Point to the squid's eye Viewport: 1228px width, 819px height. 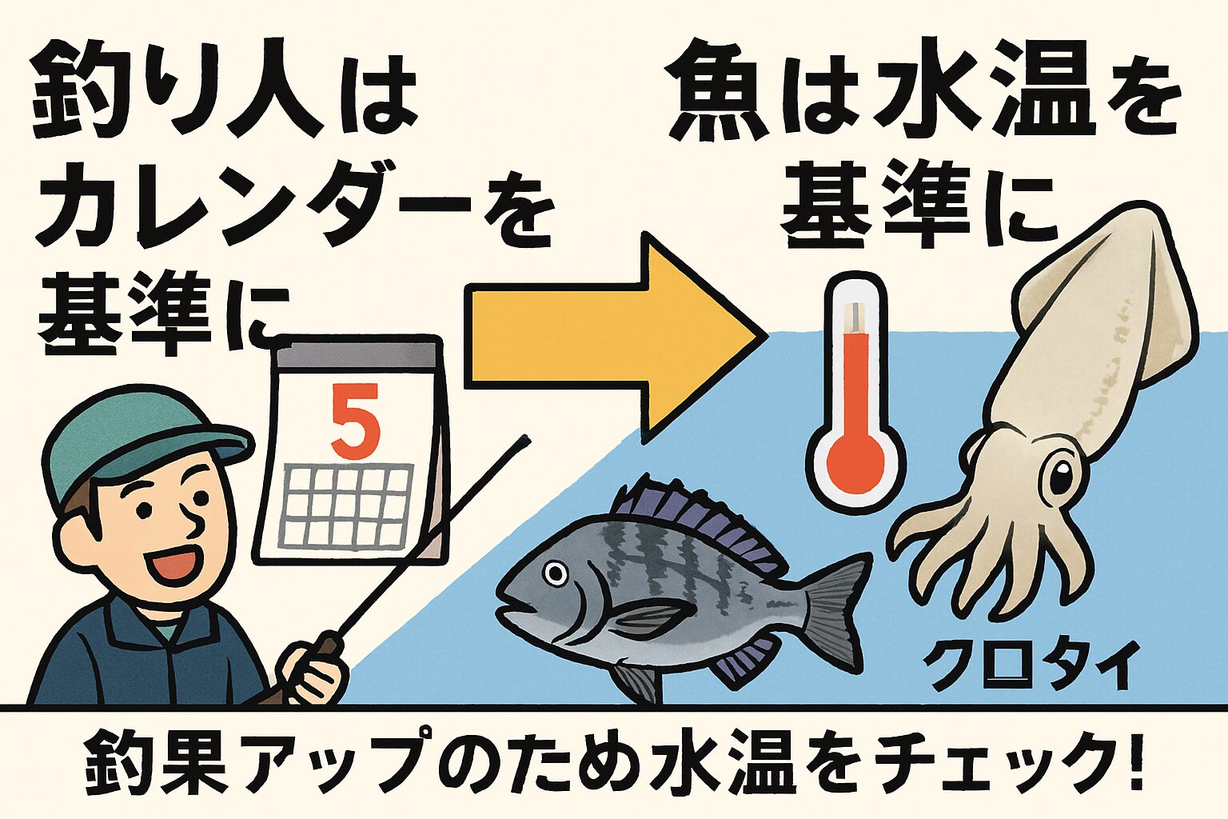1061,478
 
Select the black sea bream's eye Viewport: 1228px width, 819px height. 554,573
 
